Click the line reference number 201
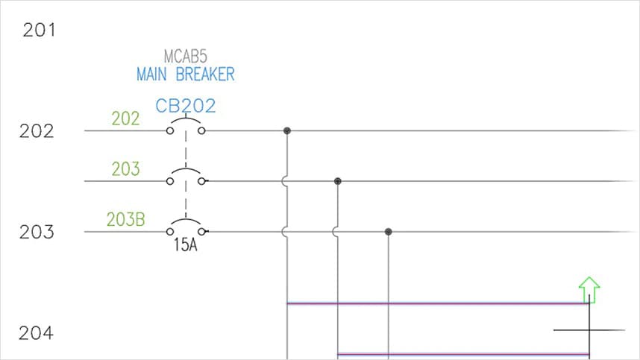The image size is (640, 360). pos(39,31)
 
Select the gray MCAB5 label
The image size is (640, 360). pos(185,57)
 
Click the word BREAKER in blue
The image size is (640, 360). pos(205,74)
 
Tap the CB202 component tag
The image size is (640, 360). pos(185,106)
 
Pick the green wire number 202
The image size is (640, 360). pos(125,119)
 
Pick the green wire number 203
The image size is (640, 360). pos(125,169)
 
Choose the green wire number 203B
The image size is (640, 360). pos(125,220)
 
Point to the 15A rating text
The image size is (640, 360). pos(185,244)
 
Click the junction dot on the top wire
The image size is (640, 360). pos(287,131)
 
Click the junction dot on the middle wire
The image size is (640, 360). pos(338,181)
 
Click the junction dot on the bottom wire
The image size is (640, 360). pos(389,232)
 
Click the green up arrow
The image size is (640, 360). pos(589,288)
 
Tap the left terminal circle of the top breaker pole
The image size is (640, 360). pos(170,131)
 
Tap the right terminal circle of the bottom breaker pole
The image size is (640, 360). pos(201,232)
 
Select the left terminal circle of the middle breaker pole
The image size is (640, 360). pos(170,181)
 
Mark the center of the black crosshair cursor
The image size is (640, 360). pos(589,330)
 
